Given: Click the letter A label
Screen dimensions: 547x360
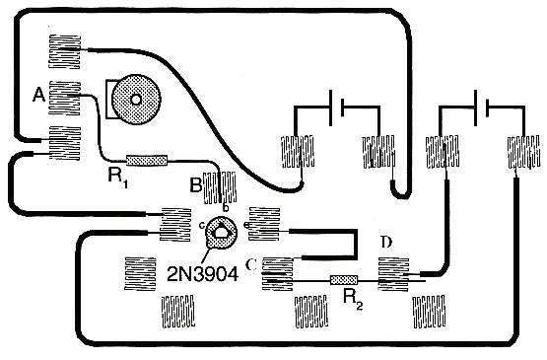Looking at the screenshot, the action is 38,95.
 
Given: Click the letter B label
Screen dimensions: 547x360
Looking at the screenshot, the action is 196,185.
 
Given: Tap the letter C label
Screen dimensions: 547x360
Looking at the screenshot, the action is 251,265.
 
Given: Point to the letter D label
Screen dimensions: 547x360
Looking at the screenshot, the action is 386,242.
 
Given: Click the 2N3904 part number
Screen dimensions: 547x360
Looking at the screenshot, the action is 203,274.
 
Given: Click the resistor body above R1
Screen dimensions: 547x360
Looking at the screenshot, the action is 147,161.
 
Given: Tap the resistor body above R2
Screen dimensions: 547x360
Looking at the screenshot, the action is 344,280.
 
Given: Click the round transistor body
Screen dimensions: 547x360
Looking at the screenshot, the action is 221,232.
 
